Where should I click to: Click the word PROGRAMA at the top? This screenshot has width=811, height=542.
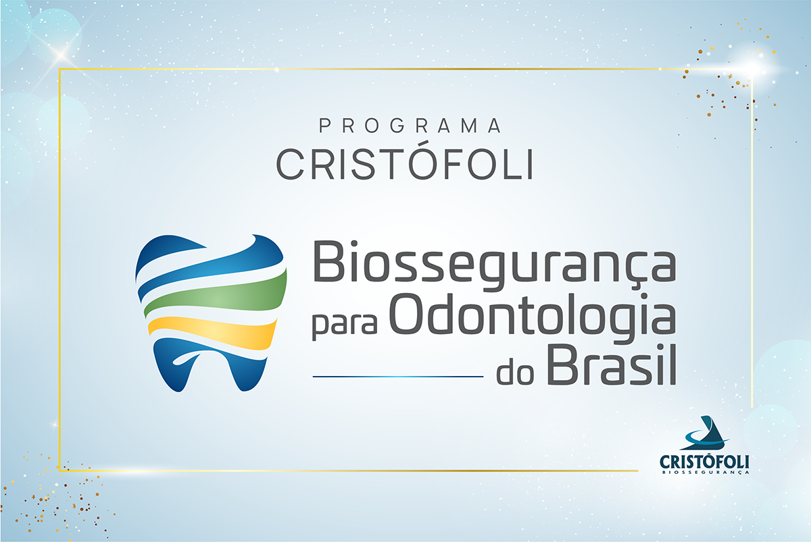click(x=410, y=126)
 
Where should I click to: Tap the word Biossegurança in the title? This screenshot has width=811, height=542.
click(x=494, y=265)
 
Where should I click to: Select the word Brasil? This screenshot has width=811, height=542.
click(x=611, y=364)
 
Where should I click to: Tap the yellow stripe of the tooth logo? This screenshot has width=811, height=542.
click(x=213, y=333)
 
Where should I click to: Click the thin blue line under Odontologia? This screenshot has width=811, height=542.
click(x=398, y=377)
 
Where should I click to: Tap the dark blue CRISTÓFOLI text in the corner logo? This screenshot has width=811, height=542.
click(x=704, y=462)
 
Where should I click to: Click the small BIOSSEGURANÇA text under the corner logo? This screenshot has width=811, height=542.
click(x=706, y=472)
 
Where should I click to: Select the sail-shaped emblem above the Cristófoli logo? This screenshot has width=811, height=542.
click(x=706, y=433)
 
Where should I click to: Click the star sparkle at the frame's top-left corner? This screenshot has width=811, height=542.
click(x=62, y=55)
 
